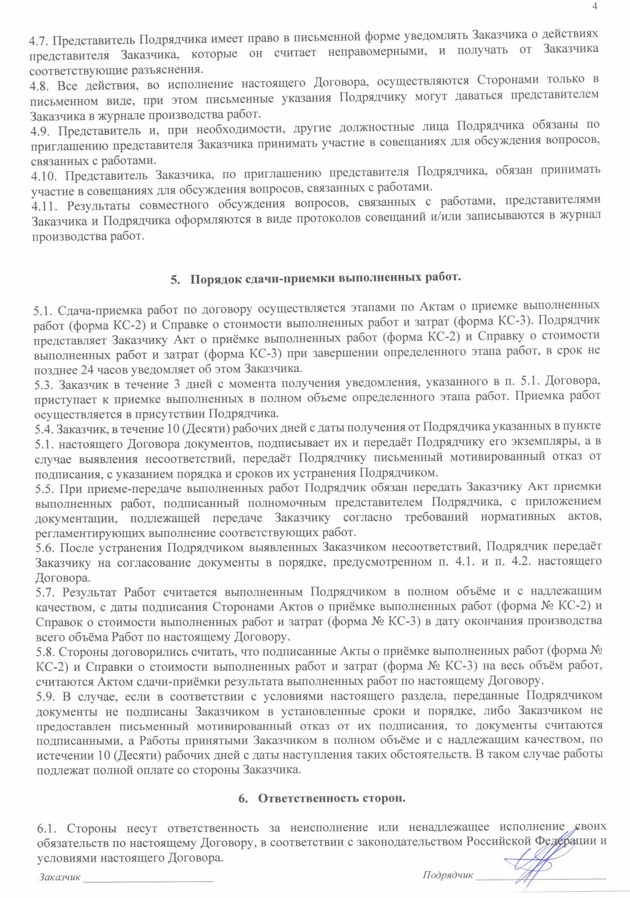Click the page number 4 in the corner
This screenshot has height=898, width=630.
594,6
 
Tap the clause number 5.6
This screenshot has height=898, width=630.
44,547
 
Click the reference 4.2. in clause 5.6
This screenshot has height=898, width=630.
523,561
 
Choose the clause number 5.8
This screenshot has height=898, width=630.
44,652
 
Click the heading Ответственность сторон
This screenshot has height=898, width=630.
331,798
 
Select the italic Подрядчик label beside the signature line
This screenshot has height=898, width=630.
448,874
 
